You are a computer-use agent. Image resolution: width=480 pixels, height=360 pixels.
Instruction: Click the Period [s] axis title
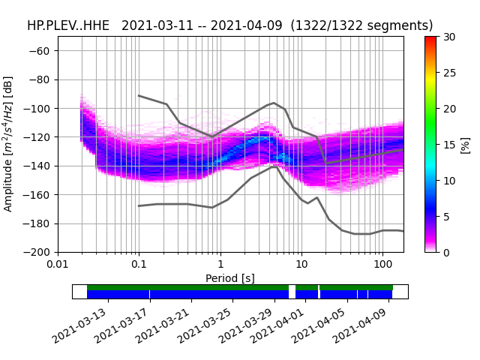[230, 278]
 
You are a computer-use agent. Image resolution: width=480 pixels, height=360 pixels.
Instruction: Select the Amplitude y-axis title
[8, 143]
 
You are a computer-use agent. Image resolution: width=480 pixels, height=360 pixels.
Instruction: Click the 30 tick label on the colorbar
[448, 37]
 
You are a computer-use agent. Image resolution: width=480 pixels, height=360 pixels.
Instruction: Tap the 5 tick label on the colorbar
[445, 217]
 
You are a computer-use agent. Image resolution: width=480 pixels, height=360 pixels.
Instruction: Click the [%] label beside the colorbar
[466, 145]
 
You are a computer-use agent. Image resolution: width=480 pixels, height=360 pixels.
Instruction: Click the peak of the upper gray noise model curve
[274, 103]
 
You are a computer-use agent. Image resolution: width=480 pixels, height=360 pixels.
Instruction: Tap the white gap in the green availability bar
[292, 287]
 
